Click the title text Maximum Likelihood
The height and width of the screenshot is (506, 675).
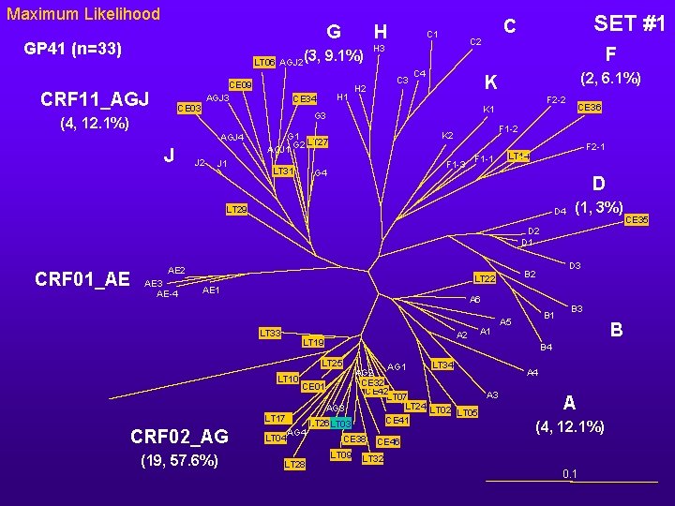pyautogui.click(x=83, y=14)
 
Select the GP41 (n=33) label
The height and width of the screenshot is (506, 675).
pyautogui.click(x=74, y=48)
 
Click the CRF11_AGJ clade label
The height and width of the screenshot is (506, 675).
pyautogui.click(x=95, y=98)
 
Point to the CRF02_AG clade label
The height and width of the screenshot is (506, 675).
pyautogui.click(x=179, y=437)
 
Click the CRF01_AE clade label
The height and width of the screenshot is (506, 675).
pyautogui.click(x=82, y=279)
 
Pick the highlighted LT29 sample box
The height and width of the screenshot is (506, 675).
pyautogui.click(x=237, y=209)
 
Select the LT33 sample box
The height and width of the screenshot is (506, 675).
pyautogui.click(x=270, y=334)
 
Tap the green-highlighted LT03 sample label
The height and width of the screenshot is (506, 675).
pyautogui.click(x=340, y=424)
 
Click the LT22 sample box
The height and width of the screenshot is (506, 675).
pyautogui.click(x=484, y=278)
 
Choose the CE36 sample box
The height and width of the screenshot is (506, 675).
pyautogui.click(x=590, y=108)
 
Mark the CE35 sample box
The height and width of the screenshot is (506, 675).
pyautogui.click(x=637, y=220)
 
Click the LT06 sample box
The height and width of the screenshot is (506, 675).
pyautogui.click(x=265, y=62)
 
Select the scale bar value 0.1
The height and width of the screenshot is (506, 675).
pyautogui.click(x=569, y=474)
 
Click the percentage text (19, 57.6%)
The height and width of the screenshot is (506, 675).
pyautogui.click(x=180, y=460)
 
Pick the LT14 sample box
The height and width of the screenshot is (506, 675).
pyautogui.click(x=518, y=155)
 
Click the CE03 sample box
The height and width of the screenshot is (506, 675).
pyautogui.click(x=190, y=108)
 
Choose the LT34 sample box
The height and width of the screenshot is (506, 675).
pyautogui.click(x=442, y=364)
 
